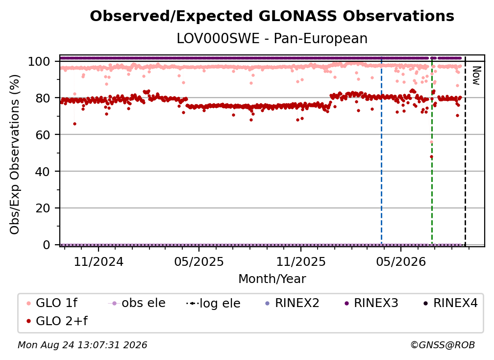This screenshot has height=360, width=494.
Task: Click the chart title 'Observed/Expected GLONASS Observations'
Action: (272, 16)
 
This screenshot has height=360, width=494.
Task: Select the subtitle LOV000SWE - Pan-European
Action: (272, 38)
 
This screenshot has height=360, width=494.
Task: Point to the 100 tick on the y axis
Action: (39, 61)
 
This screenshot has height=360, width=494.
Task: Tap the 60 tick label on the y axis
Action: (43, 134)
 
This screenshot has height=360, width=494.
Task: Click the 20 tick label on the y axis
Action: (43, 208)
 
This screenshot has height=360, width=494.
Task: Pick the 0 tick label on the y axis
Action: (47, 245)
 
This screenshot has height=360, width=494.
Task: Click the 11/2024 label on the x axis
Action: (99, 261)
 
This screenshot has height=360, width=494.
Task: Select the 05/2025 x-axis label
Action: (199, 261)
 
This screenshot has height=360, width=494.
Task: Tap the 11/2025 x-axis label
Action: (301, 261)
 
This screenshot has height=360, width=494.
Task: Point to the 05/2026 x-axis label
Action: (401, 261)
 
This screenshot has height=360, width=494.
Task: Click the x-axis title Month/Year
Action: (272, 279)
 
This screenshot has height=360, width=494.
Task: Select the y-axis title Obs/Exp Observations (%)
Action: (15, 154)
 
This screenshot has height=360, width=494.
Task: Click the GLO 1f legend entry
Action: (52, 303)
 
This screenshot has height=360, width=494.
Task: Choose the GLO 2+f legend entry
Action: (57, 321)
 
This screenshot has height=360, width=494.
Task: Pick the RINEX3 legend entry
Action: (371, 303)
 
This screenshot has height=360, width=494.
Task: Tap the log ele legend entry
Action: (213, 303)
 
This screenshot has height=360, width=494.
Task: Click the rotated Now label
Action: (476, 76)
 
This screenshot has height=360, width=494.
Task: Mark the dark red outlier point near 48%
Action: (431, 156)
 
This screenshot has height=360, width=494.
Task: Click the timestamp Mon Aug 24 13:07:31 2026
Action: (82, 345)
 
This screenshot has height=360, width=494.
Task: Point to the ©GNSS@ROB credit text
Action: (443, 345)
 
